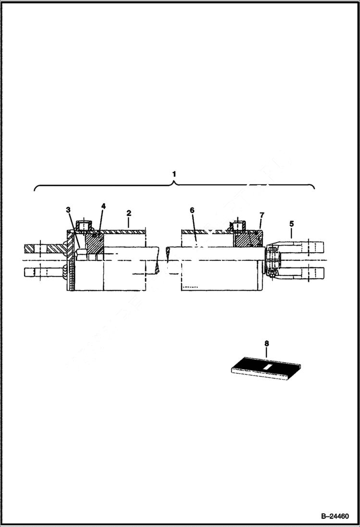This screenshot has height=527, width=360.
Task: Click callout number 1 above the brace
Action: click(174, 173)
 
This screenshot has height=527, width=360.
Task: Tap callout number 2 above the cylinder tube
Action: click(128, 212)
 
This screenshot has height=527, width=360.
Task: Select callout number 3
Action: click(69, 209)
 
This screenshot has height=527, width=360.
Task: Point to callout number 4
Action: click(103, 206)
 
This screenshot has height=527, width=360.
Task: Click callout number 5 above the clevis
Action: click(291, 223)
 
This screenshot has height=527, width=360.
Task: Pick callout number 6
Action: click(191, 210)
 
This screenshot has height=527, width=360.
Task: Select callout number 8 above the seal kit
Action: click(266, 343)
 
